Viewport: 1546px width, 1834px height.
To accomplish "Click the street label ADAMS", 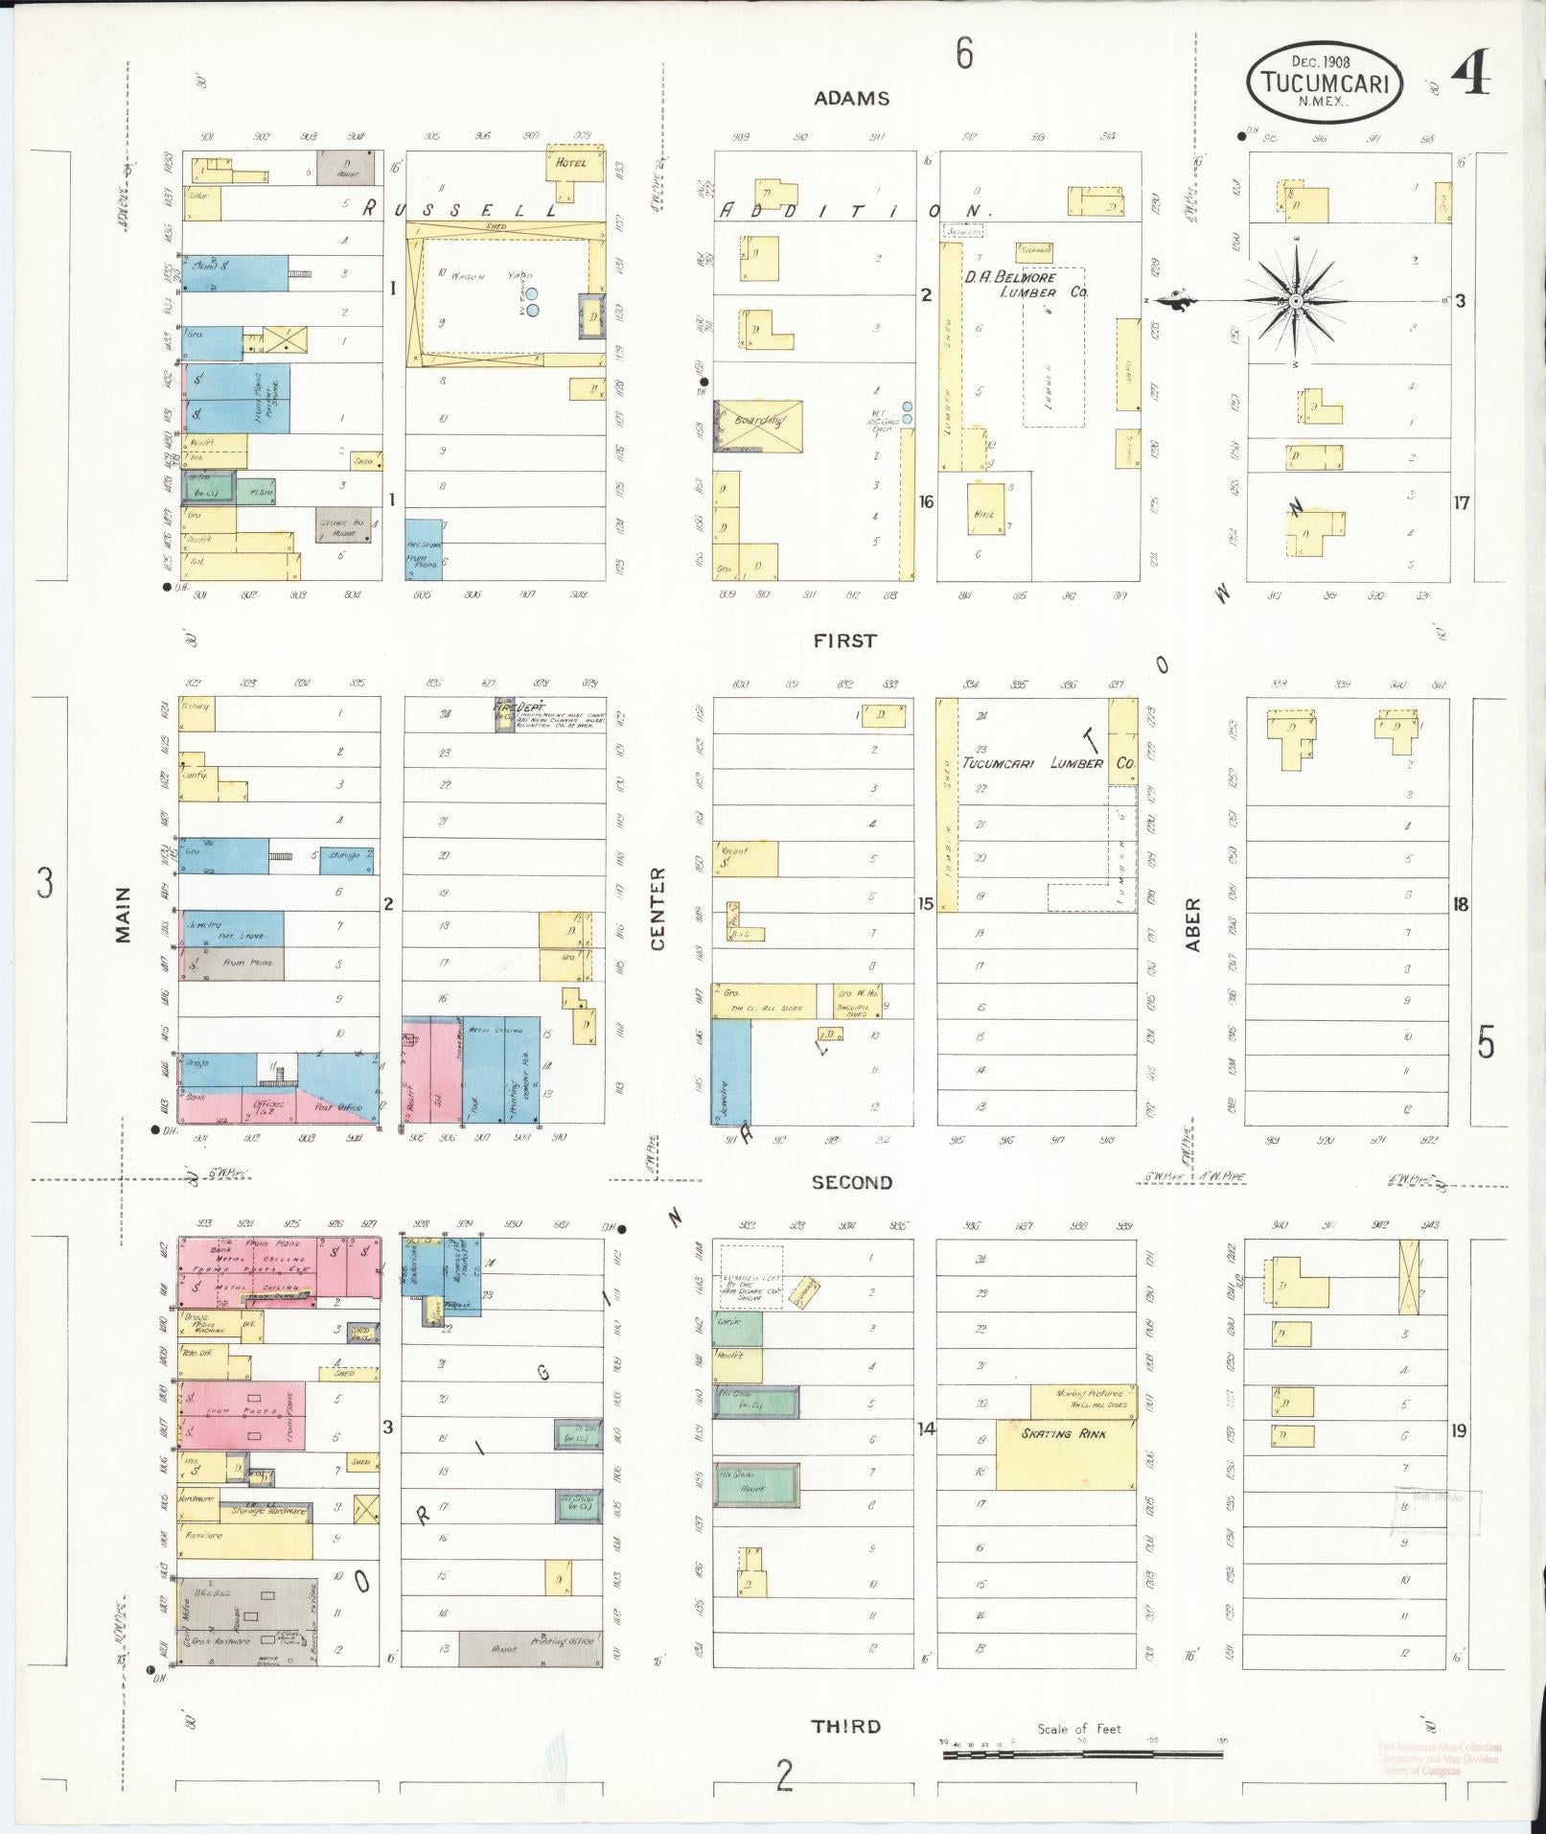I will pos(852,98).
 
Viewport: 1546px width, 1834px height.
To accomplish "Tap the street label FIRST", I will pos(844,640).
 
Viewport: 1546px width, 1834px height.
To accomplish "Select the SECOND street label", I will pos(851,1182).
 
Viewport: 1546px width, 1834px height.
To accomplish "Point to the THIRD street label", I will pos(845,1726).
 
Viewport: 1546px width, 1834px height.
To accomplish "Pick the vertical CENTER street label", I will pos(658,908).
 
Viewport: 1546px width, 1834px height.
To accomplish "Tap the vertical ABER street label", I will pos(1193,923).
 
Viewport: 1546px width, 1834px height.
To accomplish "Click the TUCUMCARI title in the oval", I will pos(1325,83).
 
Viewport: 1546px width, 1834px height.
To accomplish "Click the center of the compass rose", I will pos(1295,301).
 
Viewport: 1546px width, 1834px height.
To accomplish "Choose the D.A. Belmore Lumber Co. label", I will pos(1026,285).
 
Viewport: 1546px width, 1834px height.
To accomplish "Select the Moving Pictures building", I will pos(1083,1401).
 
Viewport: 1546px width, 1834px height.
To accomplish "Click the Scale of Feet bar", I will pos(1082,1754).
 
